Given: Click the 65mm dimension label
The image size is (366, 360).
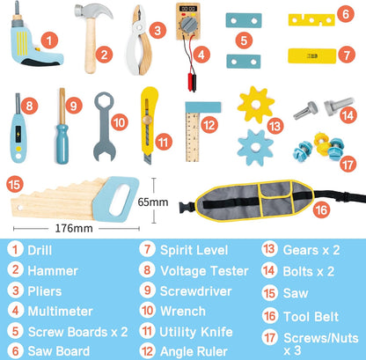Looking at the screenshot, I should [x=172, y=202].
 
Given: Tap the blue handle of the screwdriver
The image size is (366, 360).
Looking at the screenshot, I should [x=62, y=139].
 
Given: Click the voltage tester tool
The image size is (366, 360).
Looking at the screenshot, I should [x=18, y=131].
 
